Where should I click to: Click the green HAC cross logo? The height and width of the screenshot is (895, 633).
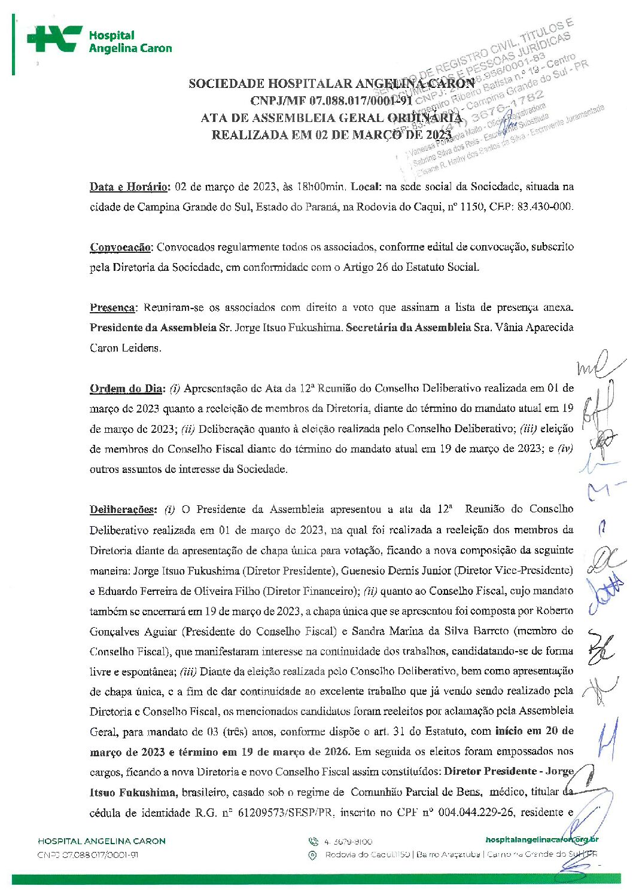coord(54,39)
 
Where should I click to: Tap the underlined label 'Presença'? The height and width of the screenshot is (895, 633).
coord(112,307)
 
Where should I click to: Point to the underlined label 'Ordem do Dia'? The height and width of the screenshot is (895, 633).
coord(126,389)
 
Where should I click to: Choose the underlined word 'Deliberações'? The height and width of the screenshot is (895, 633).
coord(123,509)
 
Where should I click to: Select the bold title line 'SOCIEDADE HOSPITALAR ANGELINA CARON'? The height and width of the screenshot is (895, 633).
coord(331,83)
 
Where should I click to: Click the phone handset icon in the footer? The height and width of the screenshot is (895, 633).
coord(313,841)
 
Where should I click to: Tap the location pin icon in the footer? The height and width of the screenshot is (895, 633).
coord(312,855)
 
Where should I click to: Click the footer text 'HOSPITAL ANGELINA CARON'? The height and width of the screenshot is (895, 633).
coord(102,841)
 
